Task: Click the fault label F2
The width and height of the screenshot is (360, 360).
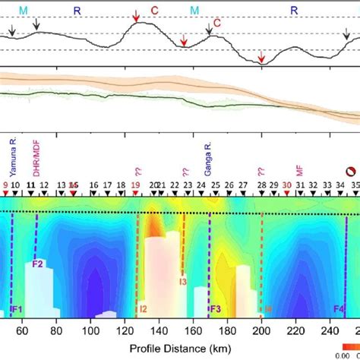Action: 38,264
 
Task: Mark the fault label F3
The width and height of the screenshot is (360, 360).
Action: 216,309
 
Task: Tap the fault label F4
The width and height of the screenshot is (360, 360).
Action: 340,309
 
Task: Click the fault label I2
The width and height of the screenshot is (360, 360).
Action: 142,309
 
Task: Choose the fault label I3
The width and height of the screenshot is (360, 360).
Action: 182,283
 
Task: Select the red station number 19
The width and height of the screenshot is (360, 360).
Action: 135,185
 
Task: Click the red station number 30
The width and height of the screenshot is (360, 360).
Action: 286,185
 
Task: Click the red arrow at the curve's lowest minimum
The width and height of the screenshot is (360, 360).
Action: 261,57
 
